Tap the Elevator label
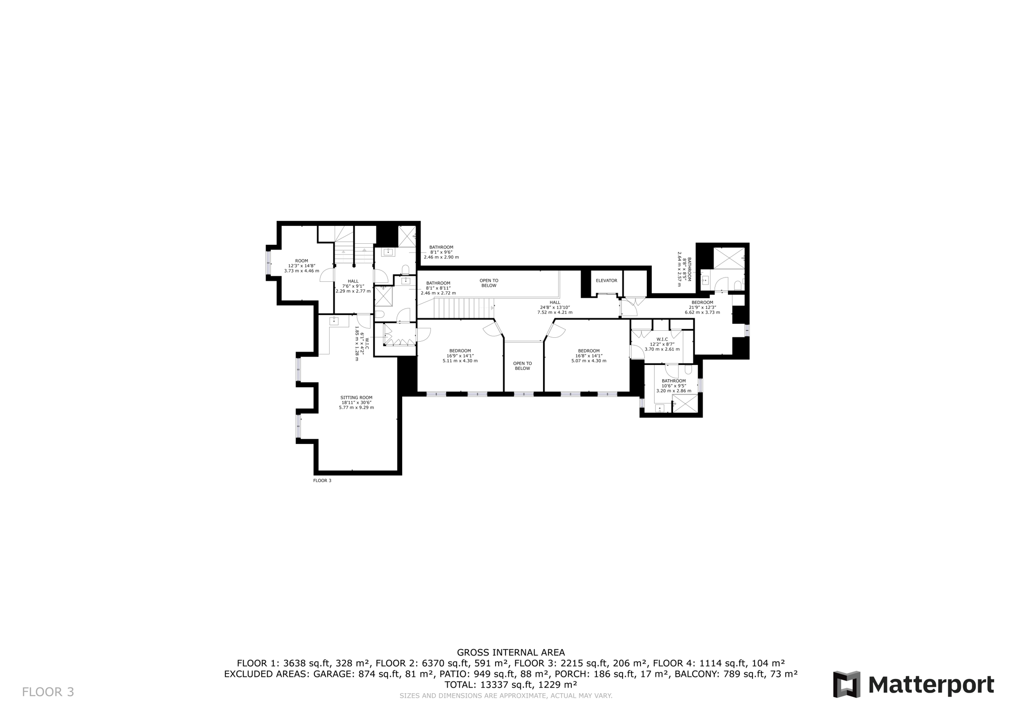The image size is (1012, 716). coord(606,280)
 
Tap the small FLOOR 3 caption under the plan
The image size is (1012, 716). coord(322,480)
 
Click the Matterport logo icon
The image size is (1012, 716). coord(846,684)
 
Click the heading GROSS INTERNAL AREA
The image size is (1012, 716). coord(510,652)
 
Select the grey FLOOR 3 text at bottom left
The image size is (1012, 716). coord(48,692)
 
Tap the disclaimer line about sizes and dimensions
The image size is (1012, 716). coord(506,696)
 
